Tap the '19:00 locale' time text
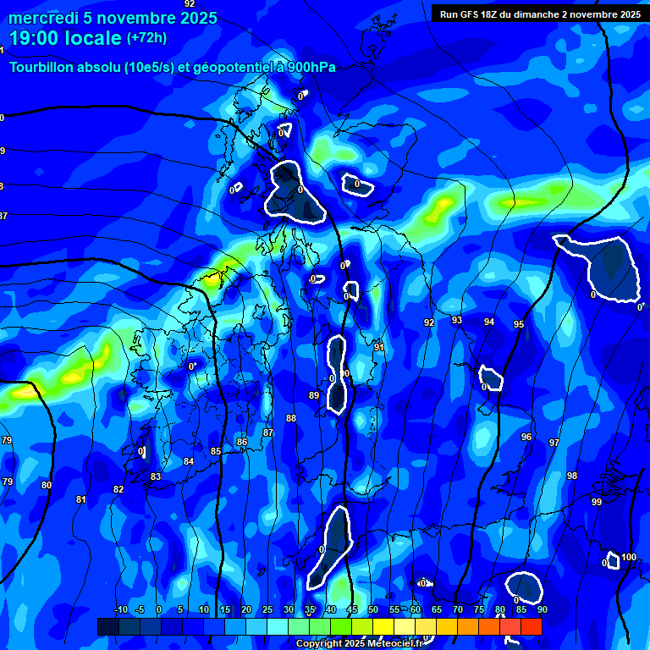click(65, 39)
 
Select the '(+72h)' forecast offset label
click(146, 38)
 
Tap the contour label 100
click(629, 557)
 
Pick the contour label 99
click(597, 503)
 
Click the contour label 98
click(572, 476)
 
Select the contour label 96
click(526, 437)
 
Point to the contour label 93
click(457, 320)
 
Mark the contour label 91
click(379, 347)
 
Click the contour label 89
click(314, 395)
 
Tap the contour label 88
click(291, 418)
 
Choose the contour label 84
click(189, 461)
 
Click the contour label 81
click(81, 499)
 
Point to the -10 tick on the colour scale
click(120, 609)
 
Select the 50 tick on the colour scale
click(373, 609)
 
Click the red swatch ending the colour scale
click(531, 625)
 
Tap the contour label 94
click(489, 322)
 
